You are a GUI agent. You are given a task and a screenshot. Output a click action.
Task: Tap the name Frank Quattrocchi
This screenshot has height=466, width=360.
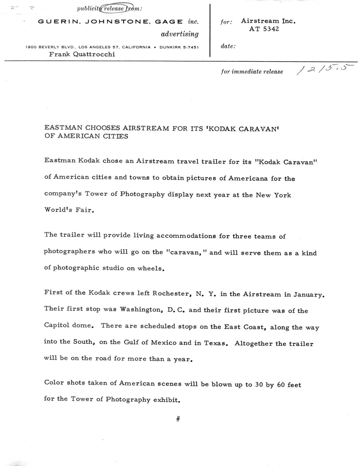[x=82, y=54]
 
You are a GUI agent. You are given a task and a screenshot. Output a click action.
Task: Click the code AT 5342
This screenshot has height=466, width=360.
[x=264, y=29]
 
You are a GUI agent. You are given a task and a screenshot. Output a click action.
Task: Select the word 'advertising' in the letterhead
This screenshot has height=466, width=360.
[x=180, y=34]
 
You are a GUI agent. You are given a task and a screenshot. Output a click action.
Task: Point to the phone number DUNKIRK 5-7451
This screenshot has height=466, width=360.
[x=179, y=47]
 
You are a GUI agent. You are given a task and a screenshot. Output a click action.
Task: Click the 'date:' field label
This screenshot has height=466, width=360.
[x=228, y=46]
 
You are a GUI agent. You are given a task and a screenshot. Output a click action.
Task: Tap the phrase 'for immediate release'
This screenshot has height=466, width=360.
[x=252, y=71]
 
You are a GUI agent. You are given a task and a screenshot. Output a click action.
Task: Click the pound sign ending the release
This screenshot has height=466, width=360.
[x=178, y=419]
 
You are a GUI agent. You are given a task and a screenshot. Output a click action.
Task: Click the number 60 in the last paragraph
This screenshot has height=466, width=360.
[x=281, y=385]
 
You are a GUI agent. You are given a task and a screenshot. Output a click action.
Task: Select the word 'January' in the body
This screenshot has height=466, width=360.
[x=308, y=294]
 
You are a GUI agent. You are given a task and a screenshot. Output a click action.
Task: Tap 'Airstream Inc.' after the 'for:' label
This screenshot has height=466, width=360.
[x=268, y=21]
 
